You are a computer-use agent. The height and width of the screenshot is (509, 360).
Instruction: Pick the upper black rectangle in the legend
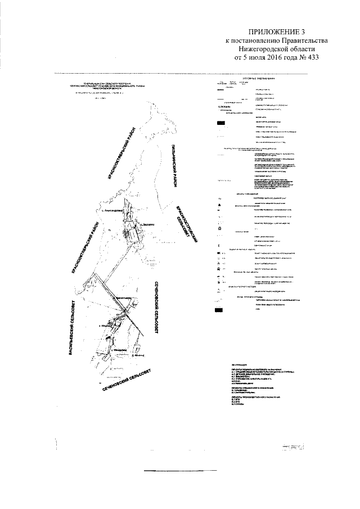coord(220,122)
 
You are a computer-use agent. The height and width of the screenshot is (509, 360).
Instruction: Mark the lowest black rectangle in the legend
coord(220,310)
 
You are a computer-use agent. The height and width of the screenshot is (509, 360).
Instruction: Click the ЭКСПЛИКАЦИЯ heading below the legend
coord(226,365)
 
